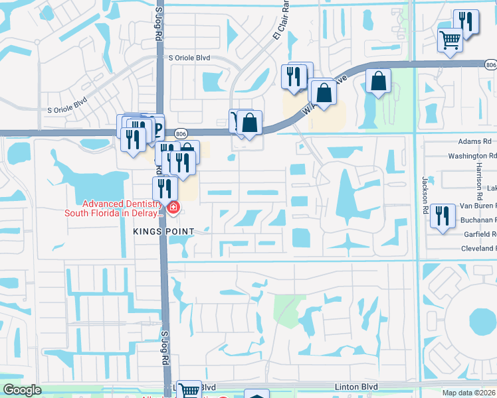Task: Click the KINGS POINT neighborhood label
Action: (x=163, y=231)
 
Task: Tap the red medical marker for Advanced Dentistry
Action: (x=173, y=208)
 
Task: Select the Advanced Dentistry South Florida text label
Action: (x=113, y=208)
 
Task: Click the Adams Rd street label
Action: (x=474, y=141)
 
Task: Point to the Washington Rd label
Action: (x=472, y=156)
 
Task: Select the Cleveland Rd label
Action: (x=473, y=248)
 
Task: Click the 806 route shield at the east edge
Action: (x=490, y=65)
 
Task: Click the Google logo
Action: (x=22, y=390)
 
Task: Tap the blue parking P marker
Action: (x=157, y=126)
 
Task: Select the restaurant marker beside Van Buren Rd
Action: (x=439, y=215)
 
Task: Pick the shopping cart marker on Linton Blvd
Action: (x=189, y=389)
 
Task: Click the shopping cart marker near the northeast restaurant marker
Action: (x=450, y=41)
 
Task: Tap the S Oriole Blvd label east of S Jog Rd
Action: (x=189, y=58)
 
